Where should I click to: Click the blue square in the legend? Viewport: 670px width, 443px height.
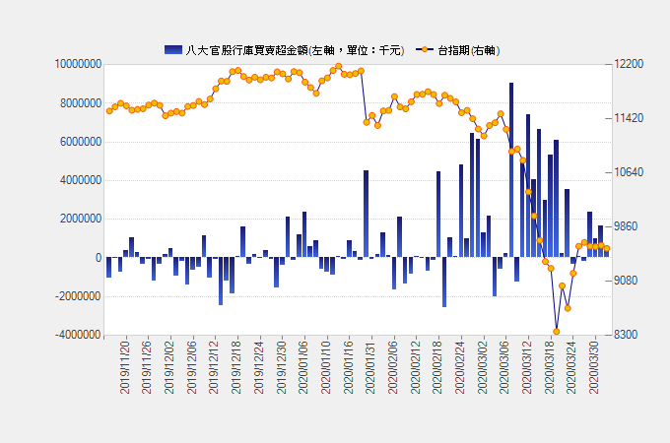173,49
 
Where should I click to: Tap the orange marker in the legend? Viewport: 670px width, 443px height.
425,49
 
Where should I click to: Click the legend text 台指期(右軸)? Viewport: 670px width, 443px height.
469,49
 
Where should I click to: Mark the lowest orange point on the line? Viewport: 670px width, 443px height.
556,332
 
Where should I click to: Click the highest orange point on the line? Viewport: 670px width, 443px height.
338,67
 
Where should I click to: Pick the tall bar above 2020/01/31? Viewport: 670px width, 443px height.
366,214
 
